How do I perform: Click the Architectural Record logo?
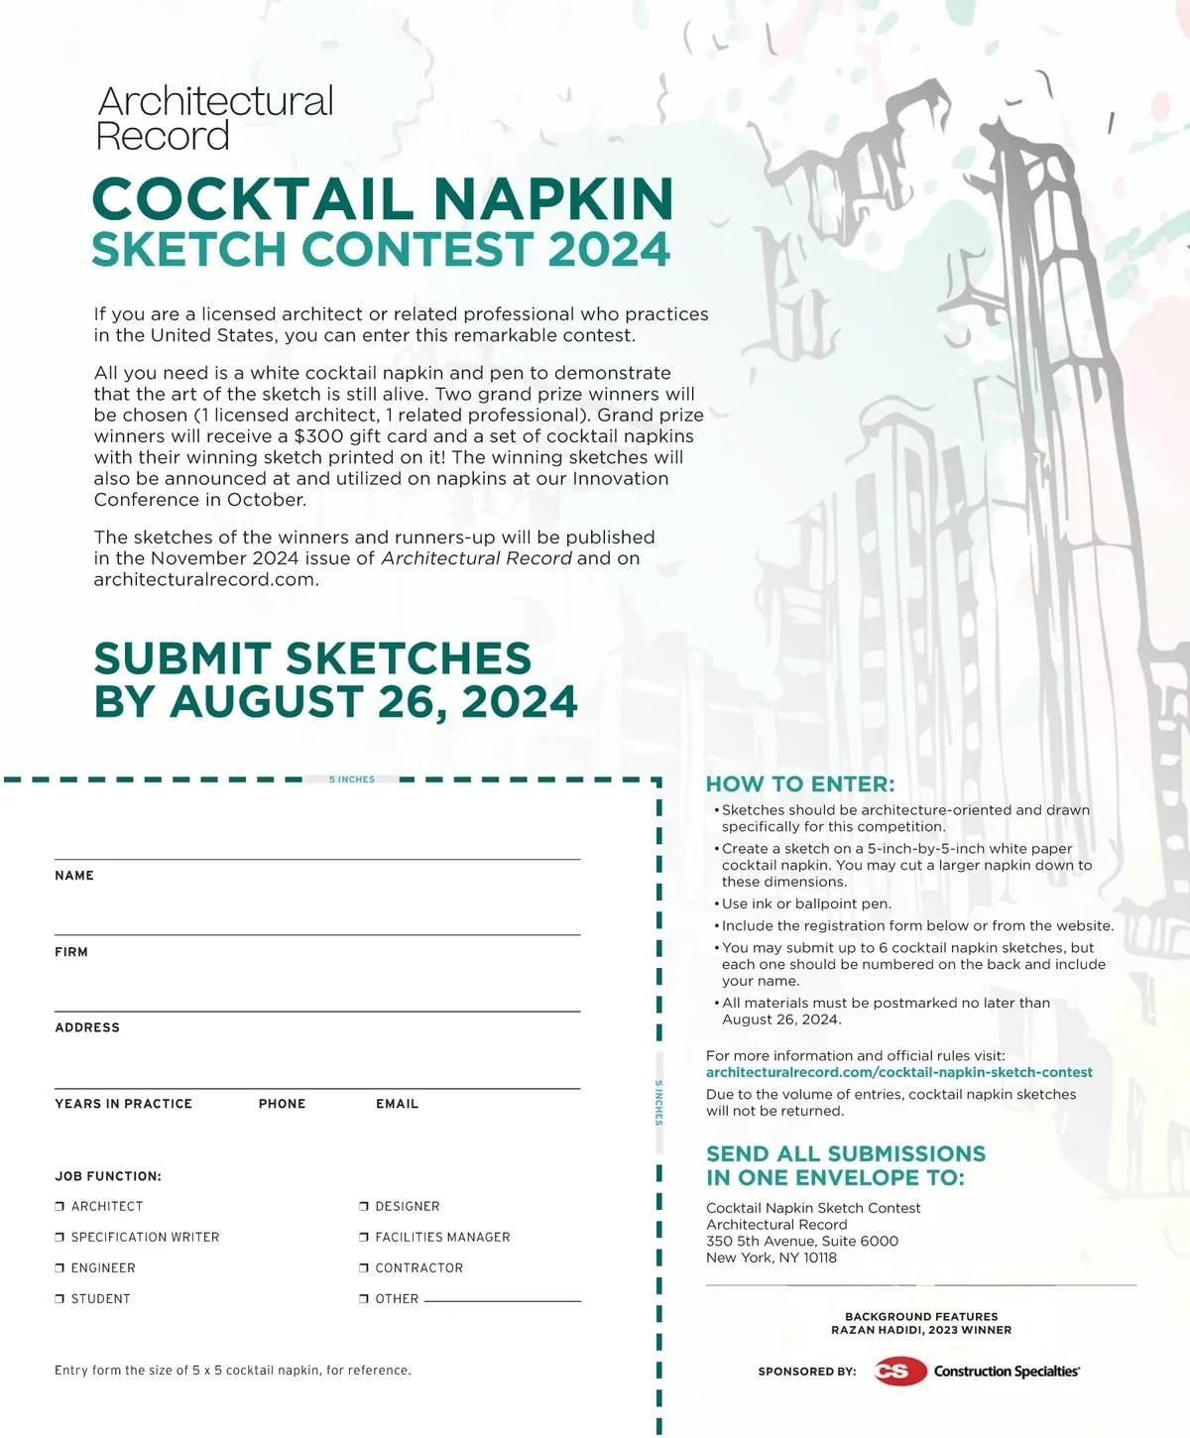(x=214, y=118)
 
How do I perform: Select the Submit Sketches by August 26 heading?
(x=335, y=680)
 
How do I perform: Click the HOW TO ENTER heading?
(x=799, y=784)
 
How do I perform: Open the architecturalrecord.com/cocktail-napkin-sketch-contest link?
(x=898, y=1072)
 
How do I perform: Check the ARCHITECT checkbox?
(x=59, y=1206)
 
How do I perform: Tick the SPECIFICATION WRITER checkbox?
(x=59, y=1237)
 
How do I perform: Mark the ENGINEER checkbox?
(x=59, y=1267)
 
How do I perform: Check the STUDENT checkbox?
(x=59, y=1298)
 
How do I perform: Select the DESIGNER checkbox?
(x=364, y=1206)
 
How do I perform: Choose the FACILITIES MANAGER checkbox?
(x=364, y=1237)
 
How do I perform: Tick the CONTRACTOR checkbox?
(x=364, y=1267)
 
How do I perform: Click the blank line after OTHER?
(x=502, y=1298)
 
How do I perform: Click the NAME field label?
(x=74, y=876)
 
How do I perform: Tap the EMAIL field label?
(x=397, y=1104)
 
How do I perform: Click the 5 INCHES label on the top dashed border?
(x=352, y=779)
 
